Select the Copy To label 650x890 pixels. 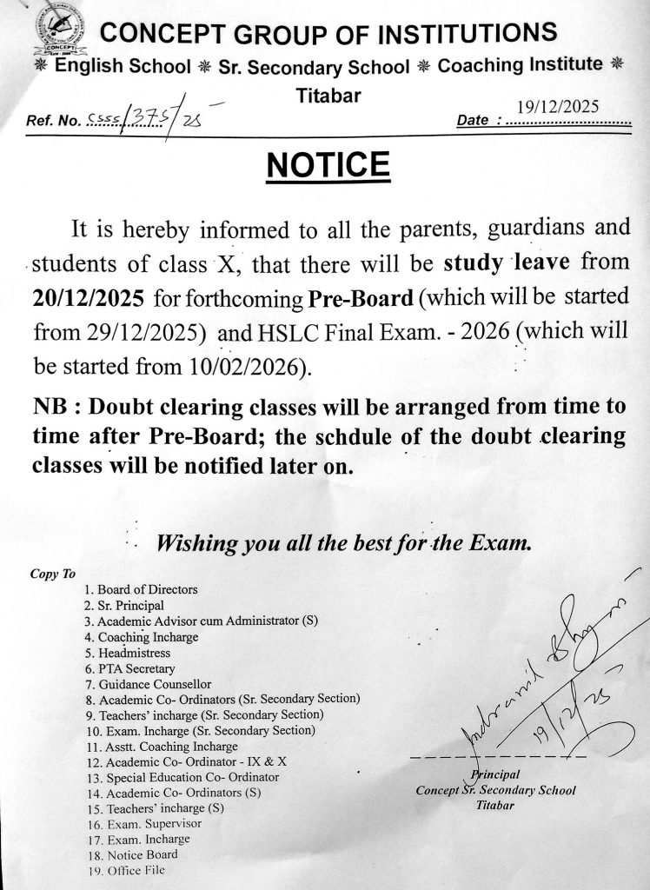(x=53, y=574)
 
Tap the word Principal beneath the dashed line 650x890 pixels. (x=495, y=774)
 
